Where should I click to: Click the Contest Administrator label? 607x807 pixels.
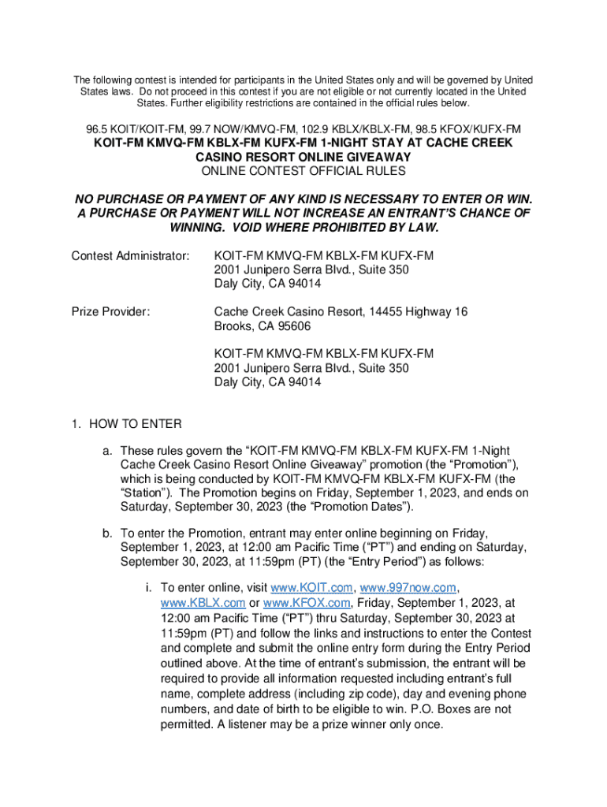pyautogui.click(x=130, y=256)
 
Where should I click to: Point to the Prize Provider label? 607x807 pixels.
pyautogui.click(x=110, y=312)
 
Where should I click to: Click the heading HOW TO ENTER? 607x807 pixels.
pyautogui.click(x=135, y=424)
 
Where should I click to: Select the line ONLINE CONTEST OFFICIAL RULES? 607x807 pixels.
pyautogui.click(x=303, y=171)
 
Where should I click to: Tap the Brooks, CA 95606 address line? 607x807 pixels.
pyautogui.click(x=262, y=327)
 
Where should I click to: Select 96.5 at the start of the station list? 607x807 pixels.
pyautogui.click(x=97, y=128)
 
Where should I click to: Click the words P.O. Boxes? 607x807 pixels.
pyautogui.click(x=452, y=709)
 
